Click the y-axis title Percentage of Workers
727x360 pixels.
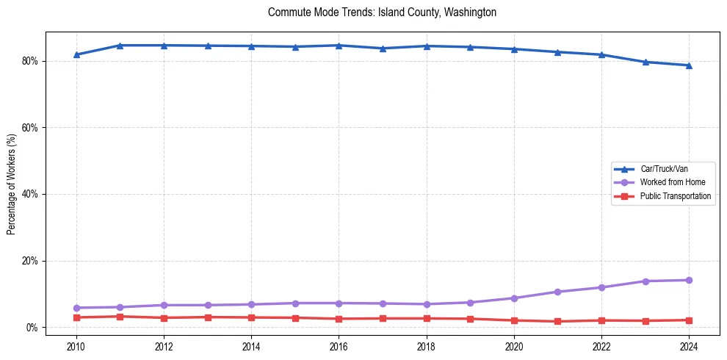coord(12,184)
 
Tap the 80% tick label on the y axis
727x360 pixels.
coord(30,61)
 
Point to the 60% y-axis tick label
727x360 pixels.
coord(30,128)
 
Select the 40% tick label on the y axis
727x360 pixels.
coord(30,194)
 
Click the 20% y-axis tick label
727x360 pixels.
coord(30,261)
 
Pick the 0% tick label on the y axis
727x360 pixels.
coord(32,328)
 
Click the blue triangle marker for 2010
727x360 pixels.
coord(76,54)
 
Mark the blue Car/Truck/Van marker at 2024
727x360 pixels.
coord(689,65)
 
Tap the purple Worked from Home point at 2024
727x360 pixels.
coord(689,280)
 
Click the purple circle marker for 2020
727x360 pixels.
coord(514,298)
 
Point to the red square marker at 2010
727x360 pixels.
coord(76,317)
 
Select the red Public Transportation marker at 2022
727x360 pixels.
coord(601,320)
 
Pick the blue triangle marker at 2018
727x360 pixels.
coord(427,46)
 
